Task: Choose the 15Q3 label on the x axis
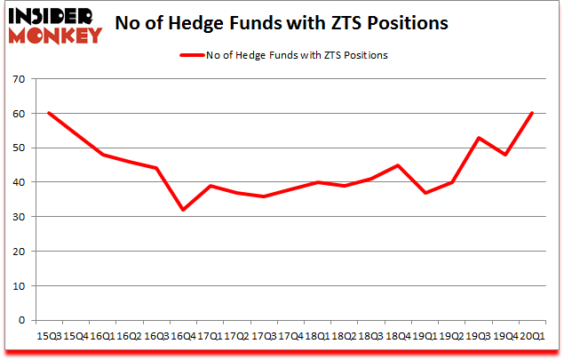coord(49,336)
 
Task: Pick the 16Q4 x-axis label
coord(183,336)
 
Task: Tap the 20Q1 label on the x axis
coord(532,336)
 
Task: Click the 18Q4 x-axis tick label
coord(398,336)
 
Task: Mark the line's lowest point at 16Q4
coord(183,210)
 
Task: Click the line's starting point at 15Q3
coord(49,113)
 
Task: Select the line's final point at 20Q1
coord(532,113)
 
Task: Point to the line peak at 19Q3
coord(479,138)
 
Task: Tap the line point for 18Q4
coord(398,165)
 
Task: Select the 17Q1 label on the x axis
coord(210,336)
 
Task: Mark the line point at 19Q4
coord(505,155)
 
